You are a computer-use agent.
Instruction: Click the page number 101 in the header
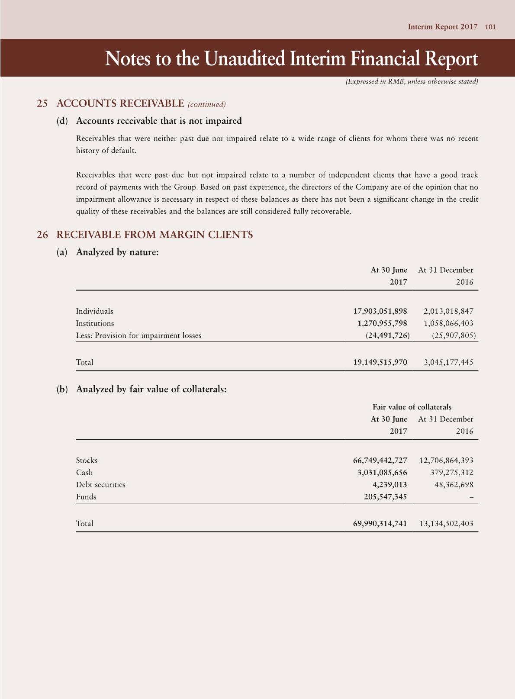[x=490, y=27]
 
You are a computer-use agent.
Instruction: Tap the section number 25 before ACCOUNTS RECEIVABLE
[x=42, y=103]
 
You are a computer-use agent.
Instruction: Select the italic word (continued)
[x=207, y=104]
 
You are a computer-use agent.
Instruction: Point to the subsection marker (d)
[x=62, y=121]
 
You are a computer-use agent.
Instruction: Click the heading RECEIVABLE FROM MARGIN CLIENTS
[x=154, y=235]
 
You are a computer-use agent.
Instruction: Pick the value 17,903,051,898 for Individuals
[x=380, y=311]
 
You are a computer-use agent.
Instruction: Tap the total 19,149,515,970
[x=380, y=362]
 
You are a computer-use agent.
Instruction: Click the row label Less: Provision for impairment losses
[x=138, y=335]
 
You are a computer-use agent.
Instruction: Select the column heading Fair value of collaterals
[x=412, y=407]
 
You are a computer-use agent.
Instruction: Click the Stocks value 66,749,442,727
[x=380, y=461]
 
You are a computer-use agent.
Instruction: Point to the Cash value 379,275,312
[x=452, y=473]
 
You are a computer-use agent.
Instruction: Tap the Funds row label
[x=86, y=497]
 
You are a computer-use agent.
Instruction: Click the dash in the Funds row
[x=471, y=497]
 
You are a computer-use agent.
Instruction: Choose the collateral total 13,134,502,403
[x=446, y=524]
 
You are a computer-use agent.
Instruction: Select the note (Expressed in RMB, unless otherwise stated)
[x=412, y=82]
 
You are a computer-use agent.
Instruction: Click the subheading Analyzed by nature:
[x=117, y=252]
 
